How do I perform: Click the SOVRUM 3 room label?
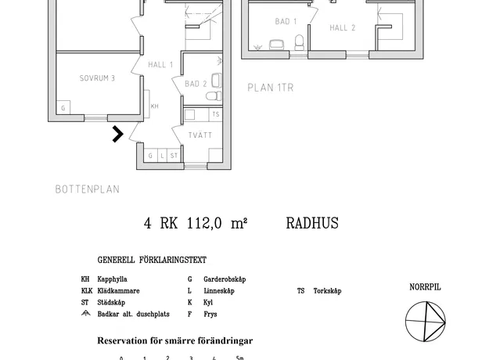97,78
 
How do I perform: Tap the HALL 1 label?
160,65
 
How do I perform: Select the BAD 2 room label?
196,84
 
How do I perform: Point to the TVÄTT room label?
200,135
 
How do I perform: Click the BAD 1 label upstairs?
286,21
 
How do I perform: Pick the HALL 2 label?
343,27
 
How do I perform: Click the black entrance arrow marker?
118,134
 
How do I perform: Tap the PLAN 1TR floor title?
271,88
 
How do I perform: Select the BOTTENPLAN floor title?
88,189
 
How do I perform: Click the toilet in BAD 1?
299,42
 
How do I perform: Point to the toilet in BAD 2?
214,95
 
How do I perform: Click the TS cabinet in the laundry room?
215,114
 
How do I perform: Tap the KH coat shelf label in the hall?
155,106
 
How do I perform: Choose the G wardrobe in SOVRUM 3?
63,108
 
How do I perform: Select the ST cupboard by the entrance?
174,156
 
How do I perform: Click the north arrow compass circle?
426,322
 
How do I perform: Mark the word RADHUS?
312,223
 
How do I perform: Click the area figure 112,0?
204,223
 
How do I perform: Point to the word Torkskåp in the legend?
328,291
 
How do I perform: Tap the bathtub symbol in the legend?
86,313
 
